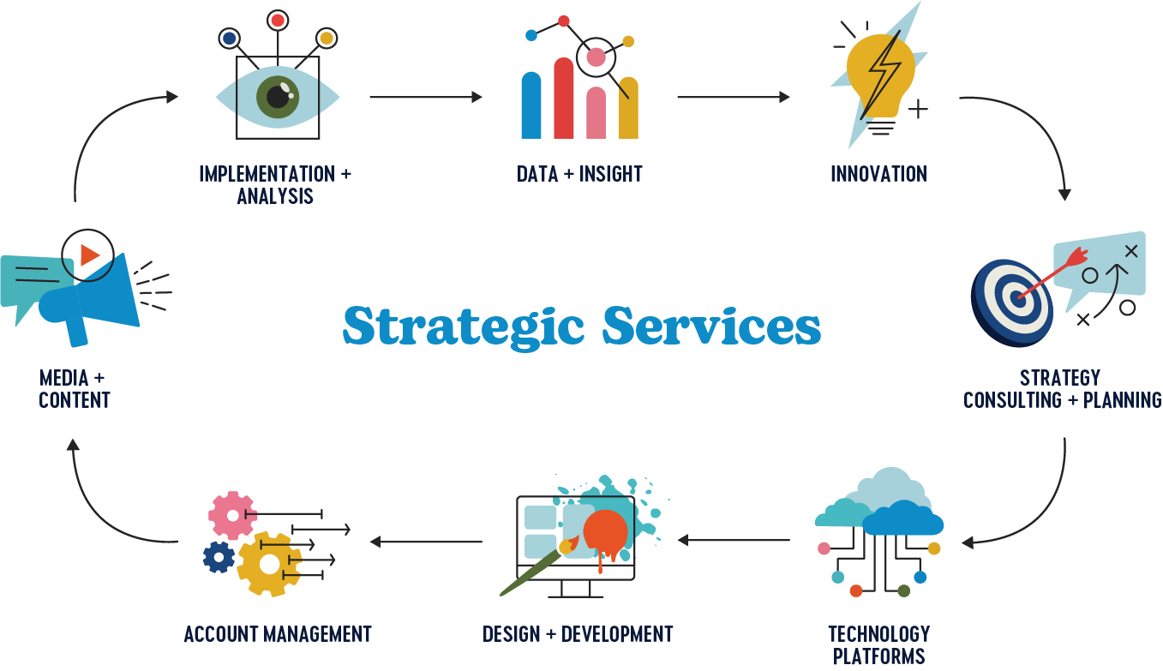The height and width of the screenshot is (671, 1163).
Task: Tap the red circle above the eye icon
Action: point(277,19)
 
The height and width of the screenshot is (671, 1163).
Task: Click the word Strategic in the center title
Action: point(464,327)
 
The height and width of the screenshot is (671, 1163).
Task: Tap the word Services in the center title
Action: point(711,327)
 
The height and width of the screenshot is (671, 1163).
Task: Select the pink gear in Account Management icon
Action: point(231,515)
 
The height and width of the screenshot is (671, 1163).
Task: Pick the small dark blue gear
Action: point(219,558)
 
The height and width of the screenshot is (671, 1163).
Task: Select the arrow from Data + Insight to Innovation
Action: point(733,98)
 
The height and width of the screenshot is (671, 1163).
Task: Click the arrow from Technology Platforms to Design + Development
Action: point(734,540)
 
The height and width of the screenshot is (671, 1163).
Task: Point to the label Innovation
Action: point(878,174)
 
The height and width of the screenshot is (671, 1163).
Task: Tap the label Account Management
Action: point(278,634)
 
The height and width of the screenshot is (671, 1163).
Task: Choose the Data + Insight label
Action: point(579,174)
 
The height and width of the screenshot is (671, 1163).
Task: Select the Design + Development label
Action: point(578,634)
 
